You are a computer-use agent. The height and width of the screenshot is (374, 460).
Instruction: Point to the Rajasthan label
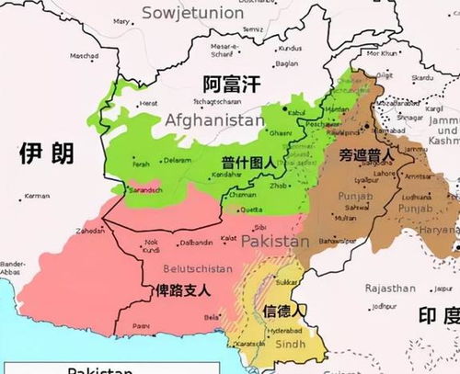coord(390,287)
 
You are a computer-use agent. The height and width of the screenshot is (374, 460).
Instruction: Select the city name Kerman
coord(38,196)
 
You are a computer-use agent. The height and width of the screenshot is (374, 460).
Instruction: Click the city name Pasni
coord(140,324)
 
